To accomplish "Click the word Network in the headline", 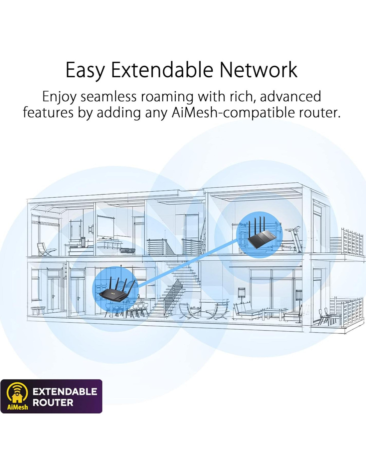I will pyautogui.click(x=258, y=70).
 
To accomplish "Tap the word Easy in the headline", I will pyautogui.click(x=85, y=70).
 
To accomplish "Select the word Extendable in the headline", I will pyautogui.click(x=162, y=70).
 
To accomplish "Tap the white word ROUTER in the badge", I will pyautogui.click(x=53, y=403).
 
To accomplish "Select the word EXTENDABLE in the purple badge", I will pyautogui.click(x=65, y=391).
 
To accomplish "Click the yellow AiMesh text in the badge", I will pyautogui.click(x=18, y=407).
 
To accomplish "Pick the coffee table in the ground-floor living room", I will pyautogui.click(x=274, y=313).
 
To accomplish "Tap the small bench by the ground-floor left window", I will pyautogui.click(x=38, y=310).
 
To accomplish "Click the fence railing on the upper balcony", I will pyautogui.click(x=352, y=242).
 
